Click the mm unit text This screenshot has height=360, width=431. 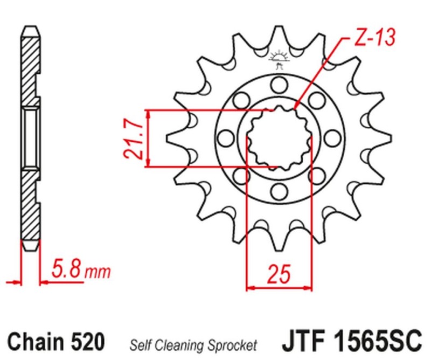point(99,271)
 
